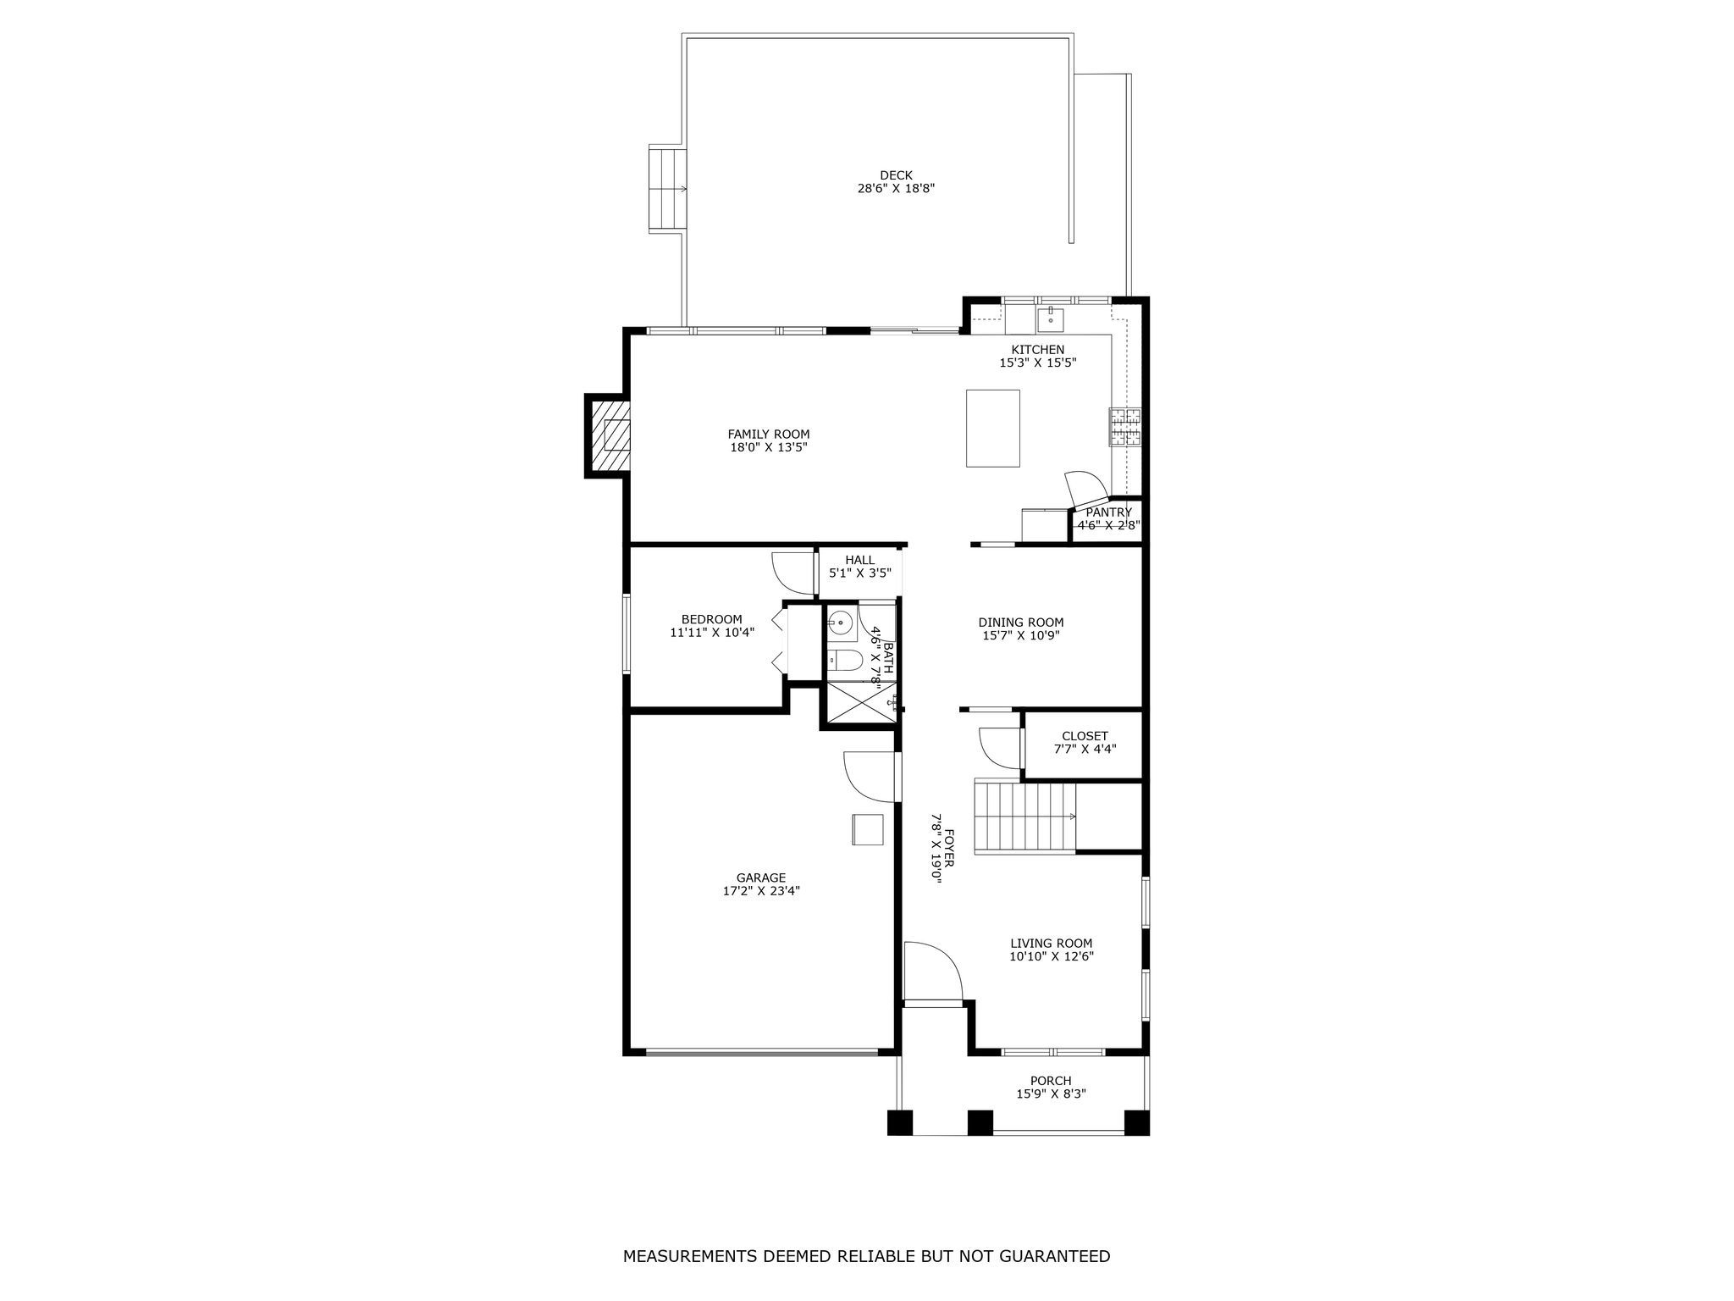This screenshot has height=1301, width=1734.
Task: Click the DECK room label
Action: tap(896, 175)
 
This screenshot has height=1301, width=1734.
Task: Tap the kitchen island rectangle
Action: tap(993, 428)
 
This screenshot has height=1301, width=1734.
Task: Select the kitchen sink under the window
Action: tap(1051, 319)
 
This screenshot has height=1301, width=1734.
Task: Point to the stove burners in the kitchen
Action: tap(1125, 426)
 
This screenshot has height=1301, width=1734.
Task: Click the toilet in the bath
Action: tap(843, 660)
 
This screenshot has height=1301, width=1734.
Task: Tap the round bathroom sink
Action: tap(841, 623)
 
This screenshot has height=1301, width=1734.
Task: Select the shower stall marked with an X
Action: tap(859, 702)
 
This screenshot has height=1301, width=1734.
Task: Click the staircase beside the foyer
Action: tap(1025, 817)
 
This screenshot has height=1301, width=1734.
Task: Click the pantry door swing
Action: tap(1086, 490)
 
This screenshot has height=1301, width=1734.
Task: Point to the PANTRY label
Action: tap(1108, 512)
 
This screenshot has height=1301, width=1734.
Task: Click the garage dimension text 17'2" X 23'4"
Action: tap(760, 890)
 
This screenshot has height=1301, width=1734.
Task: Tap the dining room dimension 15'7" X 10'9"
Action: tap(1021, 634)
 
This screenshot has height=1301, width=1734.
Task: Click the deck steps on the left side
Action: tap(668, 189)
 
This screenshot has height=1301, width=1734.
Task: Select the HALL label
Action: tap(859, 560)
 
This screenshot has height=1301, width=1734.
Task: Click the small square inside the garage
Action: tap(868, 829)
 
